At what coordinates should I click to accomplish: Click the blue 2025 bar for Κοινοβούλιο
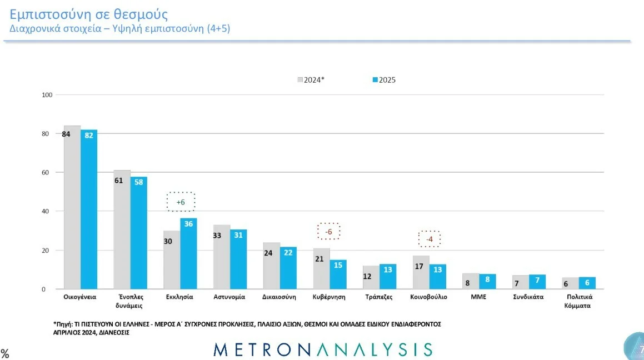(437, 277)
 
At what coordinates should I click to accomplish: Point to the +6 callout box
(181, 202)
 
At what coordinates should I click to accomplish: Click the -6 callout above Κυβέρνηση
(328, 231)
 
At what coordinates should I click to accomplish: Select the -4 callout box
(428, 239)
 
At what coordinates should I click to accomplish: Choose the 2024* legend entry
(311, 79)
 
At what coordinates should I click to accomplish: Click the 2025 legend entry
(383, 79)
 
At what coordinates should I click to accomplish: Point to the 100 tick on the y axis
(47, 95)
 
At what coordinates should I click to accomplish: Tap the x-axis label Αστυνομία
(229, 297)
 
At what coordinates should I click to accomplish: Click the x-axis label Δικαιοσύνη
(279, 297)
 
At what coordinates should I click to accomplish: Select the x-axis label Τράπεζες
(379, 297)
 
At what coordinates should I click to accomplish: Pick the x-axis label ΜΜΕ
(478, 297)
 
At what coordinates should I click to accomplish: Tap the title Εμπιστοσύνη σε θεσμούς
(89, 14)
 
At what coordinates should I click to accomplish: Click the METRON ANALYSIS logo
(322, 349)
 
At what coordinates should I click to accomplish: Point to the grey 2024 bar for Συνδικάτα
(521, 282)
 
